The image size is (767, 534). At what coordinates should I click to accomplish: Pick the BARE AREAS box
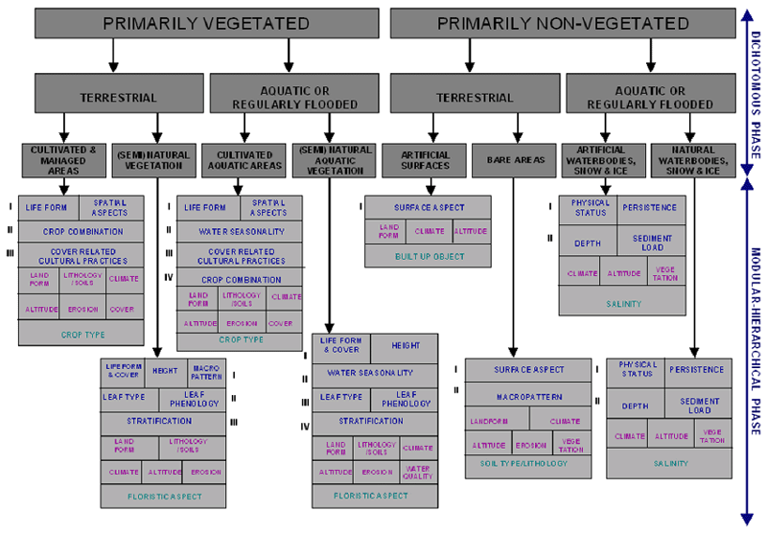(515, 159)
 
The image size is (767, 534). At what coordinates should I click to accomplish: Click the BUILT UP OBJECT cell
(428, 256)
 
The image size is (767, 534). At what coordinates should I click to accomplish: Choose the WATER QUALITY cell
(418, 472)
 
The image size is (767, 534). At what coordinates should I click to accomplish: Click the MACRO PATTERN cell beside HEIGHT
(205, 372)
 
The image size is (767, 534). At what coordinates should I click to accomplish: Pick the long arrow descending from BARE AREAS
(515, 268)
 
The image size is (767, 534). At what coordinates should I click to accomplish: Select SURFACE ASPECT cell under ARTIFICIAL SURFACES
(428, 207)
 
